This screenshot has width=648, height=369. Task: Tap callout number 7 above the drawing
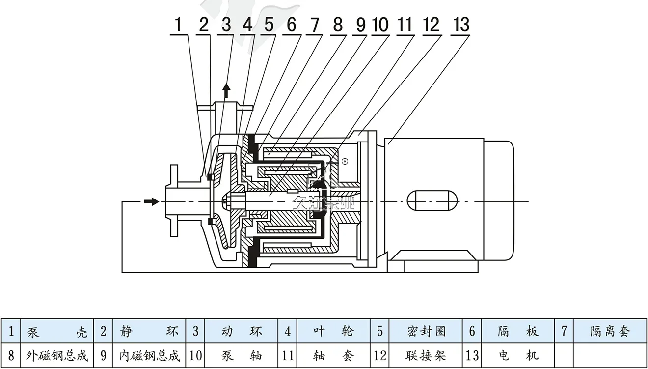pyautogui.click(x=314, y=25)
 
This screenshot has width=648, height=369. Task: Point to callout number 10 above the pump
pyautogui.click(x=380, y=25)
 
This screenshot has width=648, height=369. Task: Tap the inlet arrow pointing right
pyautogui.click(x=152, y=201)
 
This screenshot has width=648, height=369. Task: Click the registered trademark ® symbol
pyautogui.click(x=345, y=161)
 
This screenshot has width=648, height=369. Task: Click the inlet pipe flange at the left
pyautogui.click(x=173, y=201)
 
